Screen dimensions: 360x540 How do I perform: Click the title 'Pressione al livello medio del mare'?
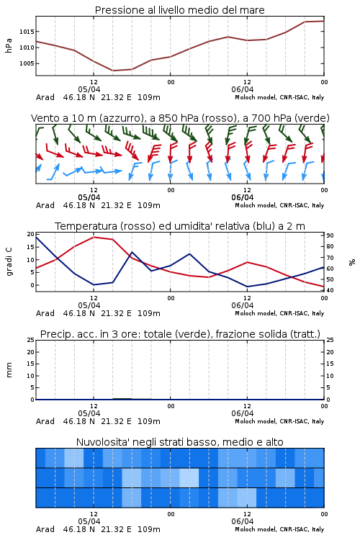tap(179, 10)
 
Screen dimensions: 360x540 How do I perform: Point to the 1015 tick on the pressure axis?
tap(27, 32)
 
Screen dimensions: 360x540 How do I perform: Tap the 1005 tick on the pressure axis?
tap(27, 63)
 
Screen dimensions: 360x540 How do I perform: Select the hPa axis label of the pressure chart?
tap(9, 45)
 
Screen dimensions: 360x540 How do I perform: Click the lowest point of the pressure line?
tap(113, 71)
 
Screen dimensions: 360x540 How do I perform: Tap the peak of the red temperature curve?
tap(94, 237)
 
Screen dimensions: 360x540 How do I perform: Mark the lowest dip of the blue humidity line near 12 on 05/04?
tap(94, 285)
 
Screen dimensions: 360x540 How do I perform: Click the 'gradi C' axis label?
tap(9, 261)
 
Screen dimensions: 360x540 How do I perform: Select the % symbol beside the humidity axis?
tap(352, 262)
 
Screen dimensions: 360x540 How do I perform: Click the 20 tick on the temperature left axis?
tap(31, 234)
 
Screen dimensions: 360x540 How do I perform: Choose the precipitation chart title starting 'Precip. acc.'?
tap(180, 334)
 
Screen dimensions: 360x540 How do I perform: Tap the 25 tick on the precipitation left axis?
tap(31, 340)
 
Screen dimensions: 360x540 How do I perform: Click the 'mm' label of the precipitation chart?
tap(9, 370)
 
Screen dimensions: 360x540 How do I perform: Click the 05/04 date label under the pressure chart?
tap(89, 89)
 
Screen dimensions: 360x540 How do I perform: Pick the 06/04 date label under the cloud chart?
tap(243, 521)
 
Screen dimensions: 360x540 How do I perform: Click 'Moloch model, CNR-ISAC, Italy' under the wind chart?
tap(279, 205)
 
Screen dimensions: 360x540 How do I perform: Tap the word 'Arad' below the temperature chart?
tap(45, 313)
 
